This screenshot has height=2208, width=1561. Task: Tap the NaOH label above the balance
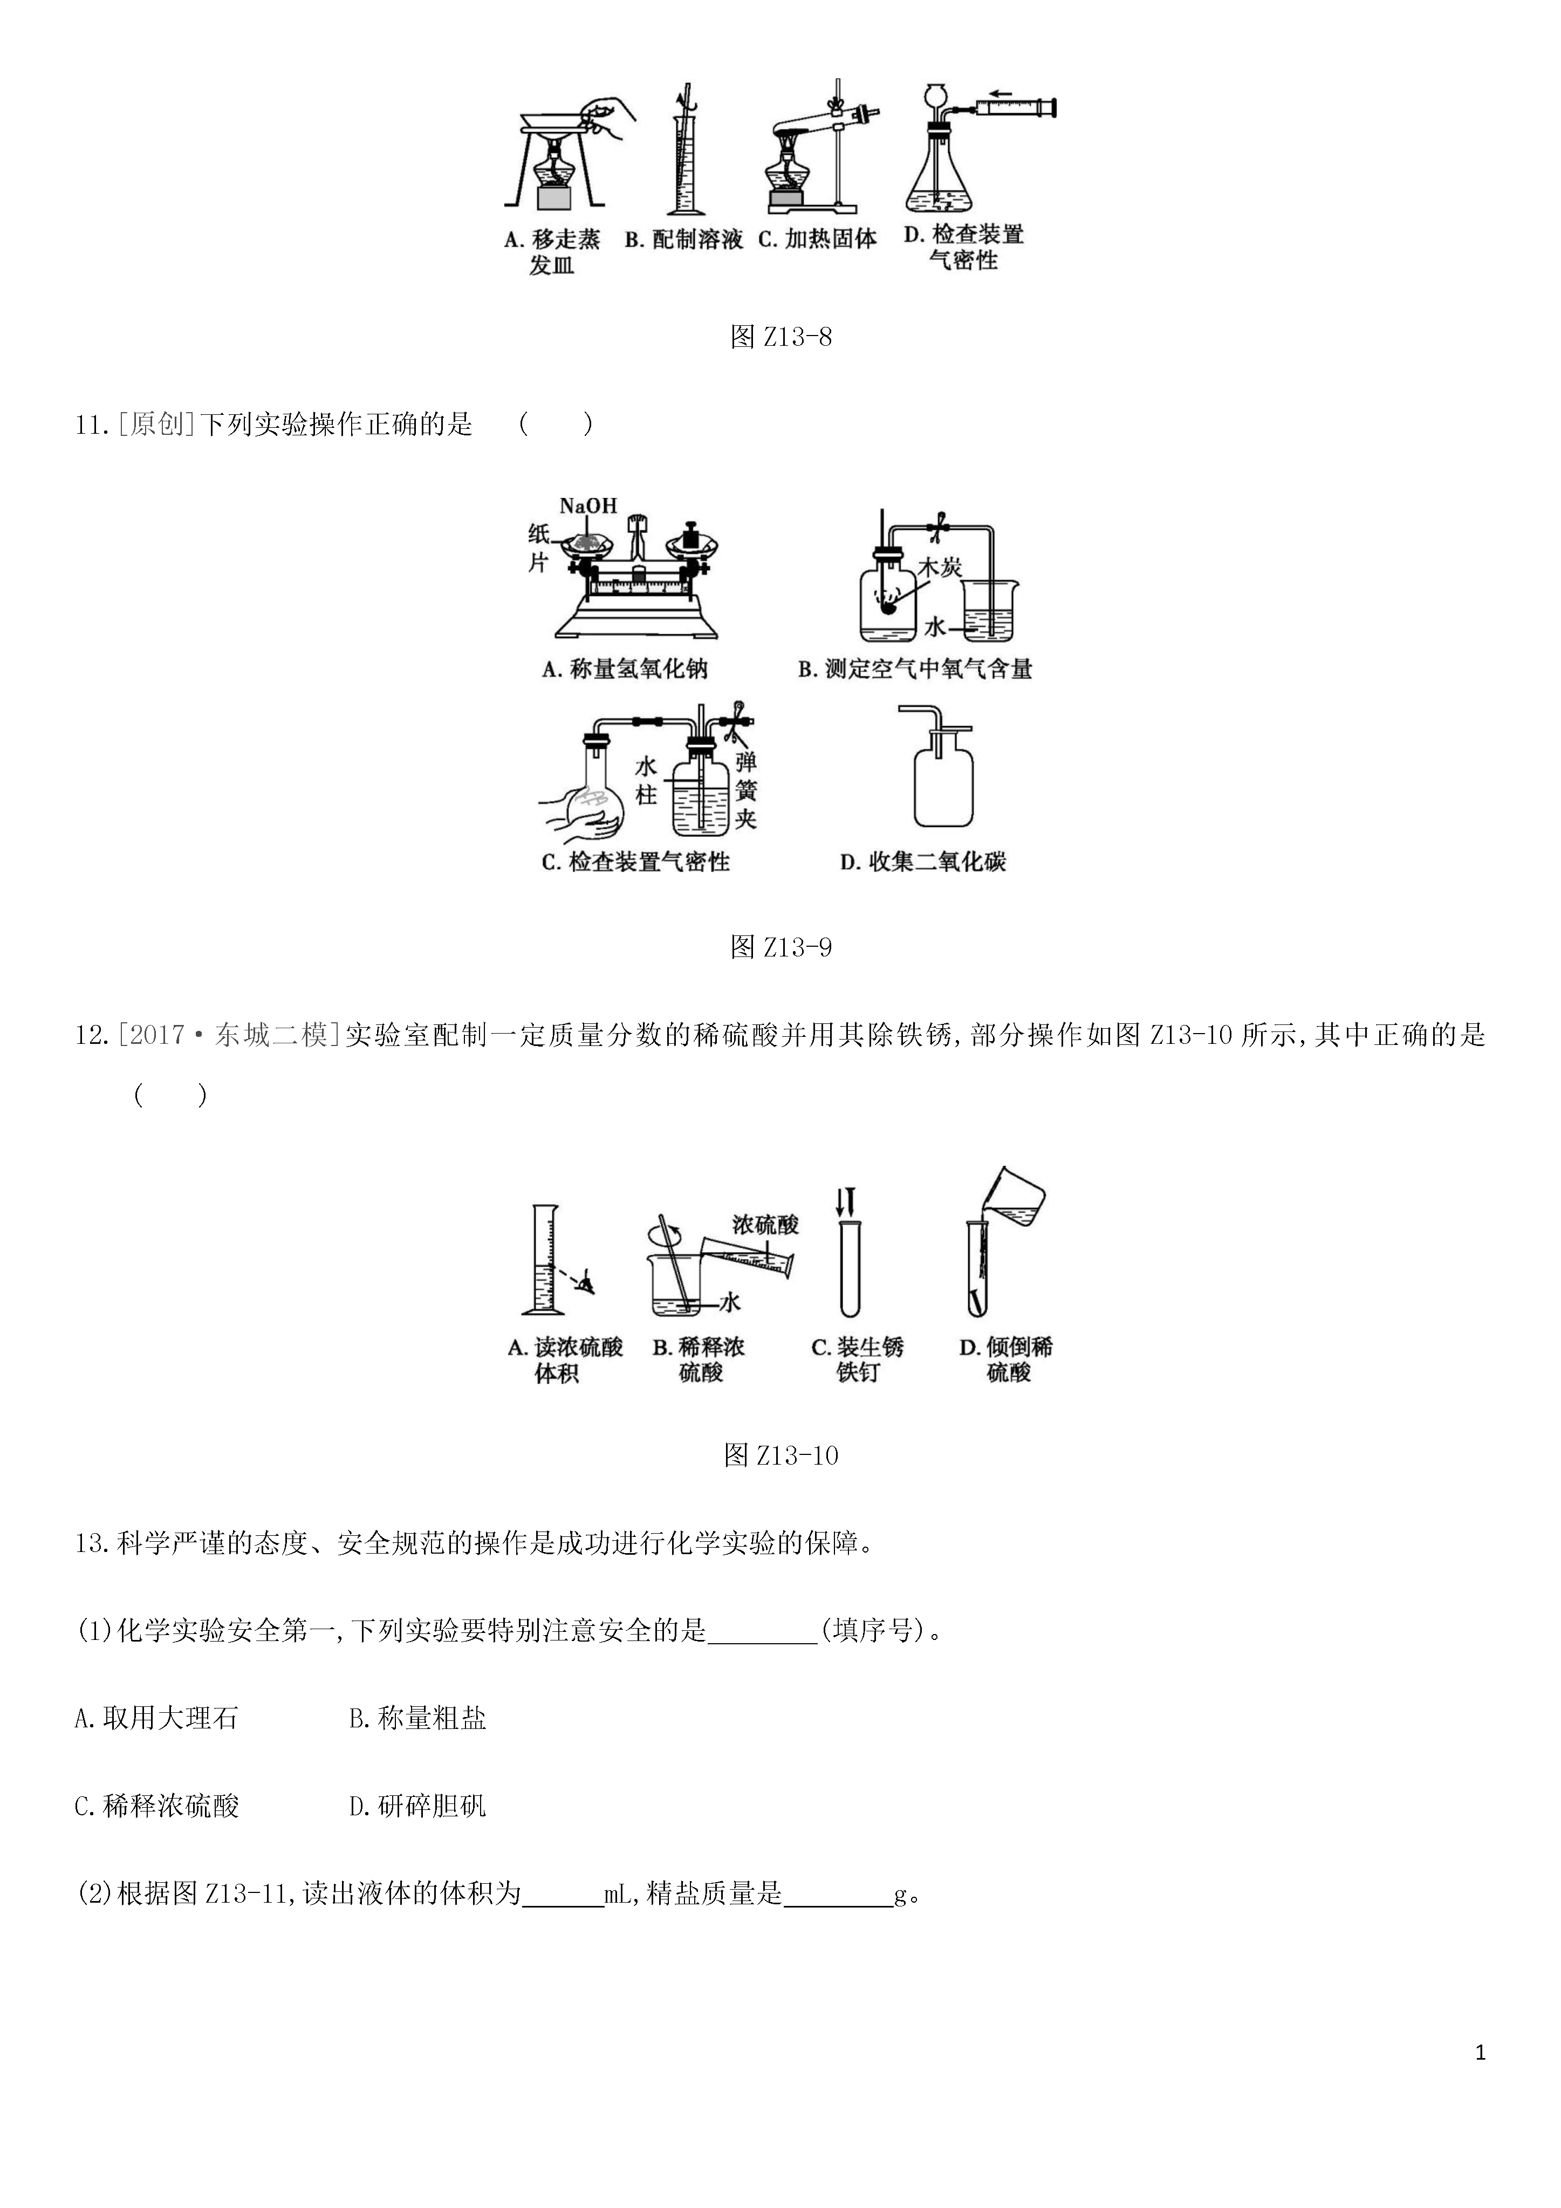pyautogui.click(x=587, y=506)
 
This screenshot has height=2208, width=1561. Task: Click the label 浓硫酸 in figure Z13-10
pyautogui.click(x=765, y=1224)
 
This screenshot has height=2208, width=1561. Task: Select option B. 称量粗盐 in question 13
pyautogui.click(x=417, y=1719)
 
